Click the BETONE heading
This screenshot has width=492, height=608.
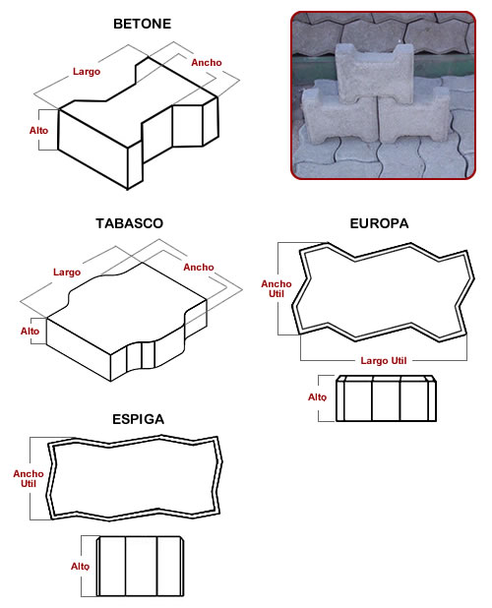[x=142, y=24]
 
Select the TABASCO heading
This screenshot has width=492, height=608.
[x=130, y=223]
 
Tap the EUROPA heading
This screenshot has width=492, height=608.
[x=379, y=223]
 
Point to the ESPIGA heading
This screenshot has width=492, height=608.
[x=139, y=419]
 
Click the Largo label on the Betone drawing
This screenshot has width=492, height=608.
[x=87, y=72]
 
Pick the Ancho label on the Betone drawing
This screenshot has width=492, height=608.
[x=207, y=62]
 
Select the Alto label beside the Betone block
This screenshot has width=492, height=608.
[x=38, y=131]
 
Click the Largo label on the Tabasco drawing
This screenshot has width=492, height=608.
[x=67, y=273]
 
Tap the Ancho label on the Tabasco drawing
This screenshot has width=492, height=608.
[x=199, y=268]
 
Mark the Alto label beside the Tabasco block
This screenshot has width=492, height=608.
[x=30, y=332]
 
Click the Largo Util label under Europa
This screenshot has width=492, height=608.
[x=384, y=361]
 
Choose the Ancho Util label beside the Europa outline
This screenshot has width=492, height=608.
[x=277, y=289]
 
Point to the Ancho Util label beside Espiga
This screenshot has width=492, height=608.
[x=29, y=478]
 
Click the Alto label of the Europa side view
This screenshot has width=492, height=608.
[x=317, y=397]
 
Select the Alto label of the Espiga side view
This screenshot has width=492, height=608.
[x=80, y=567]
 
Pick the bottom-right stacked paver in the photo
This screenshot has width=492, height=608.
[x=414, y=116]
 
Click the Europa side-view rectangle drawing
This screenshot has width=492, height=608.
[x=386, y=398]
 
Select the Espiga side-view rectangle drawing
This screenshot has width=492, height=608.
[x=141, y=566]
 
